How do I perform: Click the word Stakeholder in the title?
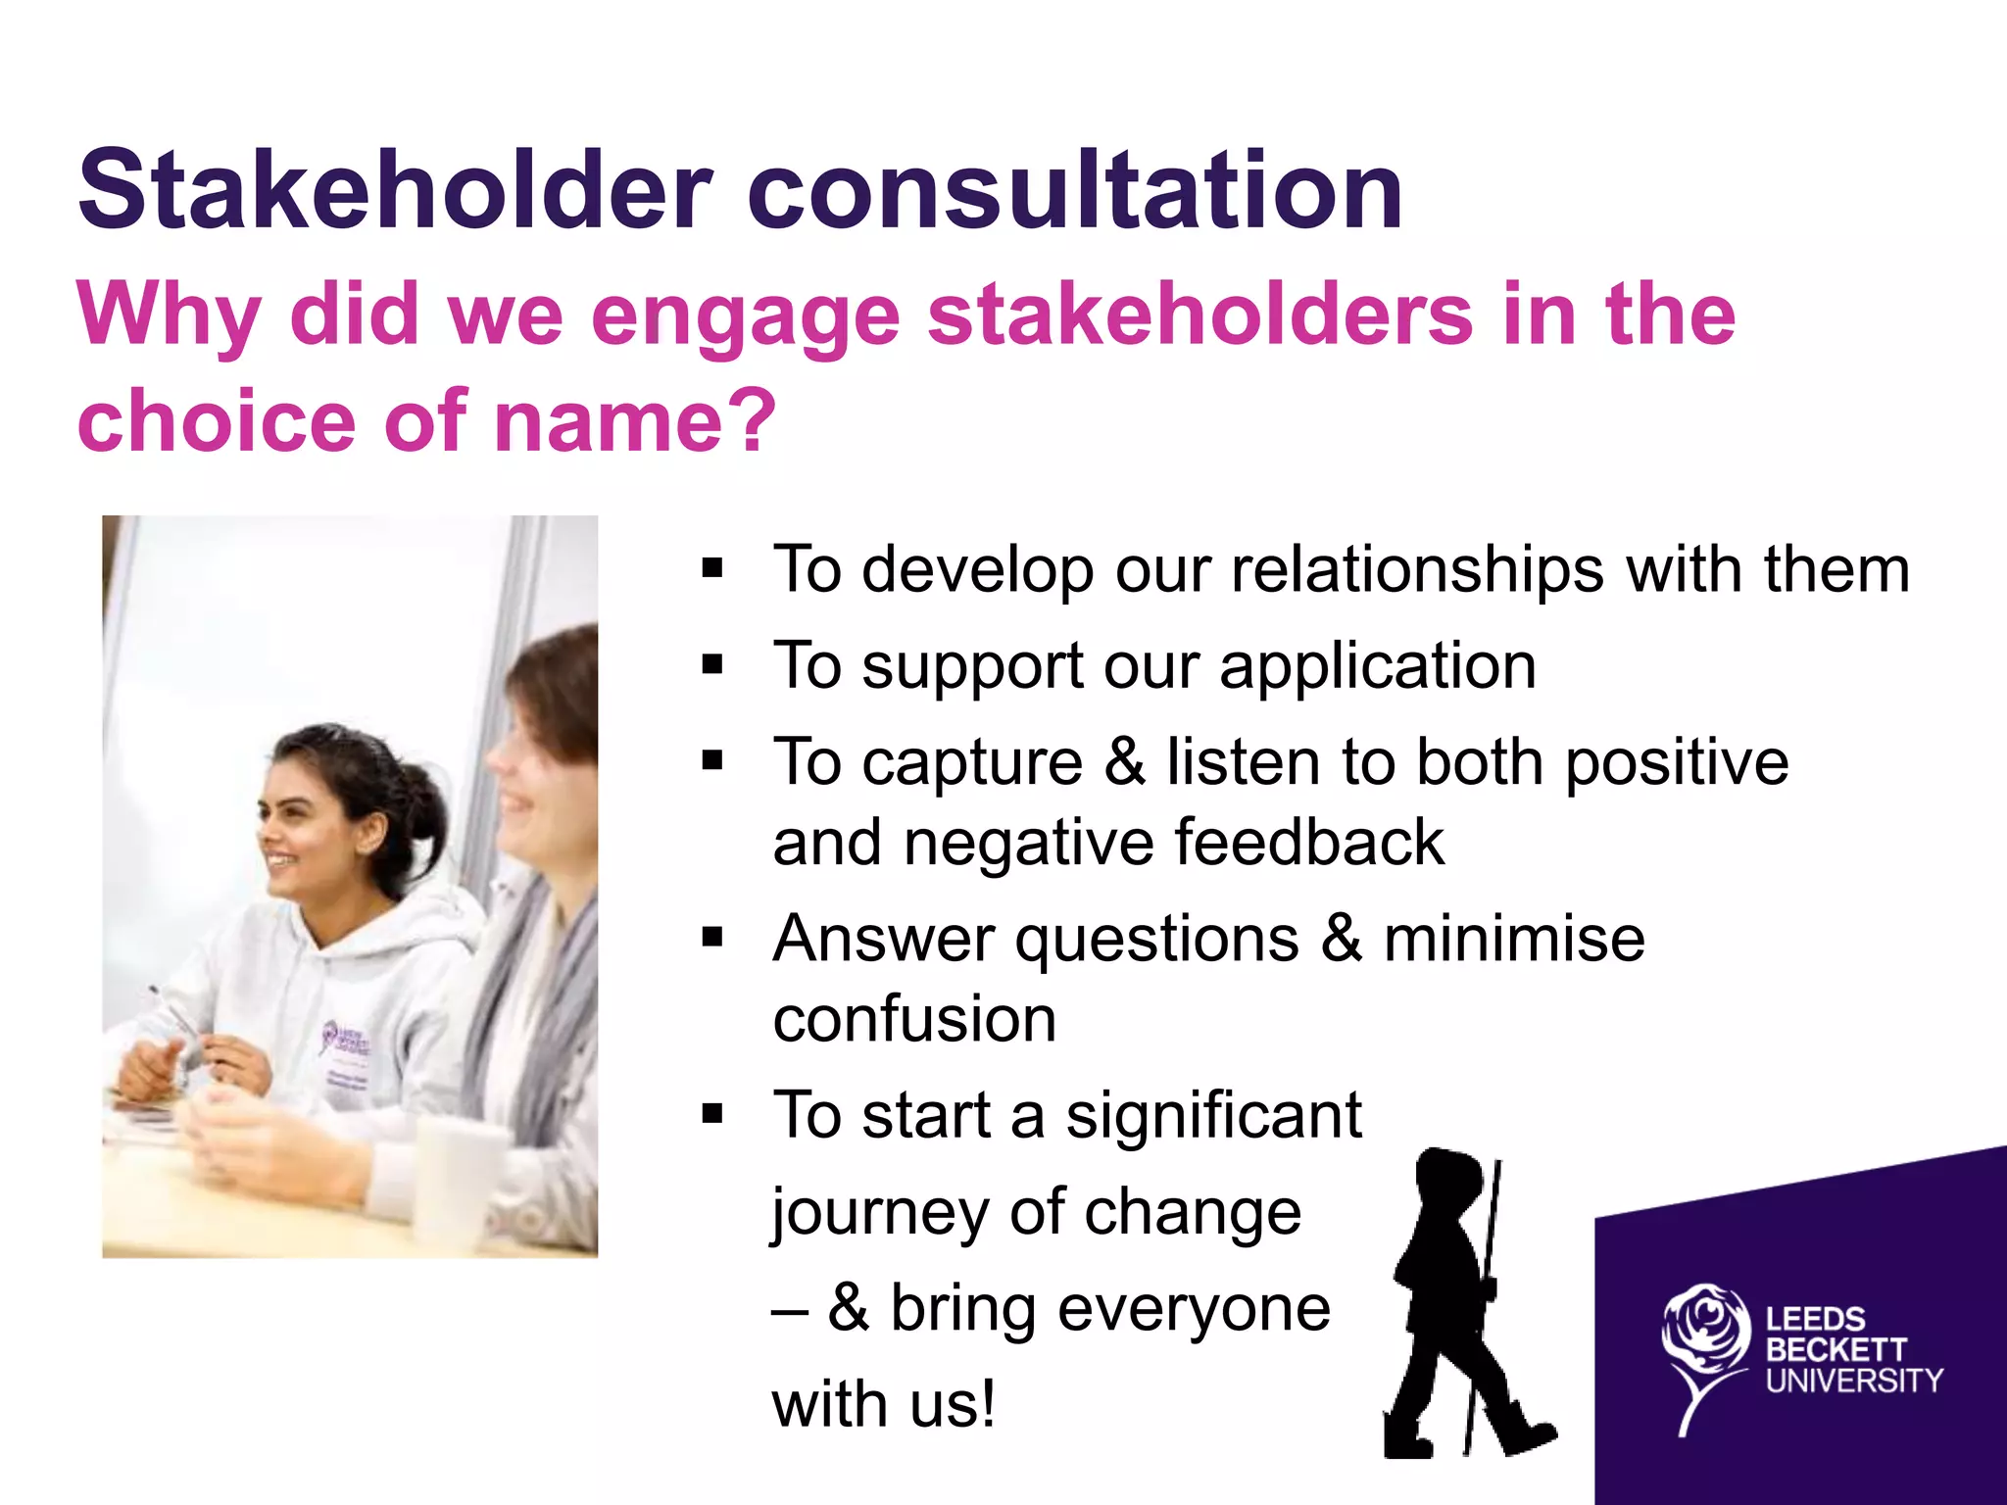tap(395, 190)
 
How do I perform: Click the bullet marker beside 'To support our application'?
tap(712, 666)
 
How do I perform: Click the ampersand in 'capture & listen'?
tap(1125, 762)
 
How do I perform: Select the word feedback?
tap(1308, 843)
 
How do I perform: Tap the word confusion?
tap(914, 1019)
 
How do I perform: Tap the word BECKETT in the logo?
tap(1836, 1350)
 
